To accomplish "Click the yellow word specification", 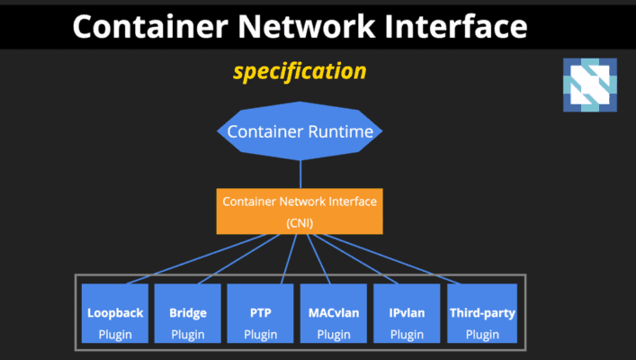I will click(x=300, y=71).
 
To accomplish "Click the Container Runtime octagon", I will click(x=300, y=132).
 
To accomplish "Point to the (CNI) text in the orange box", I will click(x=300, y=221).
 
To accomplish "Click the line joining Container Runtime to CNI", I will click(x=300, y=172).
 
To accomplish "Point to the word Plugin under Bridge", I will click(x=187, y=335).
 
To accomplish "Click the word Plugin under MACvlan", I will click(x=334, y=335).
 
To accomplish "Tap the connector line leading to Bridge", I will click(x=229, y=259).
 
